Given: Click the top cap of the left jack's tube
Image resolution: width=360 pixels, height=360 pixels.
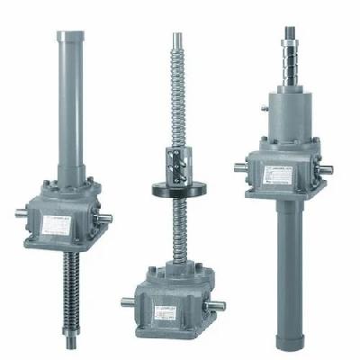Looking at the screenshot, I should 69,36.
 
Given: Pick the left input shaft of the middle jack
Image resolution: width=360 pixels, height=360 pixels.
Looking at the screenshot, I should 124,300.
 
